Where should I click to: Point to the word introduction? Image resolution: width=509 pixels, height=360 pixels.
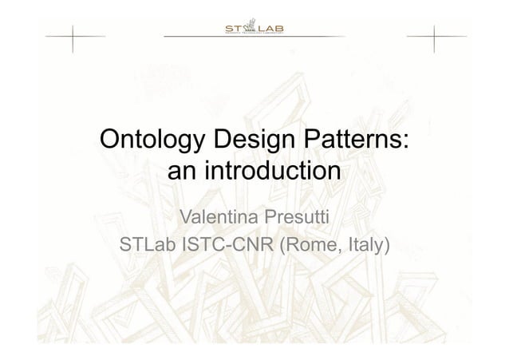click(x=272, y=172)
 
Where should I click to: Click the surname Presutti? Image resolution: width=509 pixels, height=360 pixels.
click(x=297, y=217)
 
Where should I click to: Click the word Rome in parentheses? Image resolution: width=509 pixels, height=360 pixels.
click(x=308, y=243)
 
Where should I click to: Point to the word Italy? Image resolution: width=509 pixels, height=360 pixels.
click(x=366, y=243)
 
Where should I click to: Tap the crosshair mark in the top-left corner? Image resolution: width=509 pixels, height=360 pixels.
click(x=71, y=37)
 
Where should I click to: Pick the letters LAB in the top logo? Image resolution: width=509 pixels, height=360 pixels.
click(x=274, y=30)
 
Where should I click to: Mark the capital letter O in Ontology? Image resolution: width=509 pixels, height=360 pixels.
click(x=109, y=141)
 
